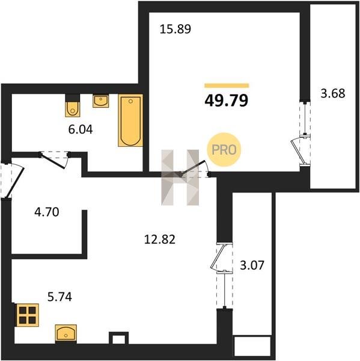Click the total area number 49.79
(x=227, y=100)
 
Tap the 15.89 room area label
(x=175, y=29)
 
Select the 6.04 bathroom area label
(x=81, y=129)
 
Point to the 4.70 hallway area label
(x=47, y=212)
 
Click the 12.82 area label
(x=160, y=239)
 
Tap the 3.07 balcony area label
(x=252, y=265)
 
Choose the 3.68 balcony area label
(x=333, y=93)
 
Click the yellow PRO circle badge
(x=224, y=150)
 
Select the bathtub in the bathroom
(x=130, y=120)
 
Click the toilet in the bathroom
(x=73, y=105)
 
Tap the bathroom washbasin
(x=101, y=100)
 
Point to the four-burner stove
(x=27, y=315)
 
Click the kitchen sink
(x=66, y=333)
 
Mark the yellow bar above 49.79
(x=227, y=85)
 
